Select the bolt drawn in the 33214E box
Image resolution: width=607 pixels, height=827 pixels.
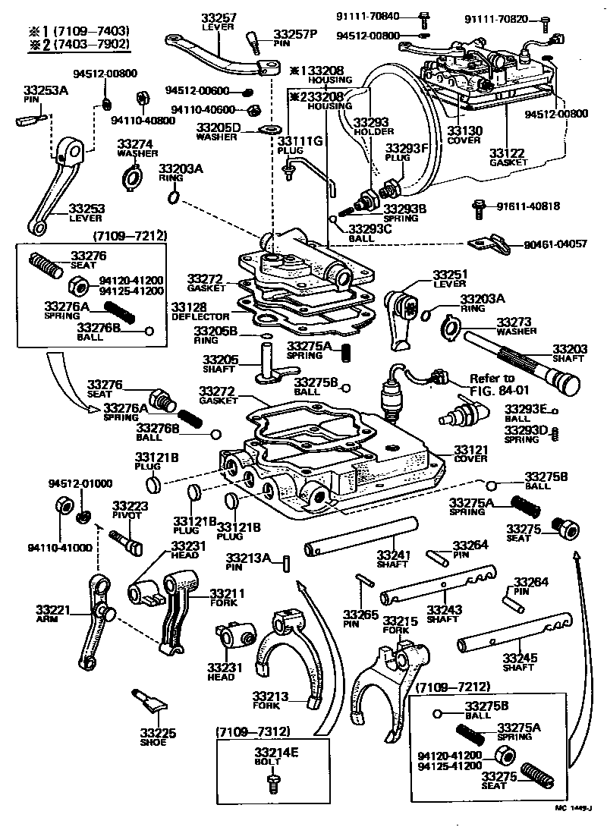274,787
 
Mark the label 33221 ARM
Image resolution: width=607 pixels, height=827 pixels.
53,613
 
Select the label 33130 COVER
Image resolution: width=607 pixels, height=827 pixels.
464,135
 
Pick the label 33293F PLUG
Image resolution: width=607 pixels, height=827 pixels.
407,153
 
